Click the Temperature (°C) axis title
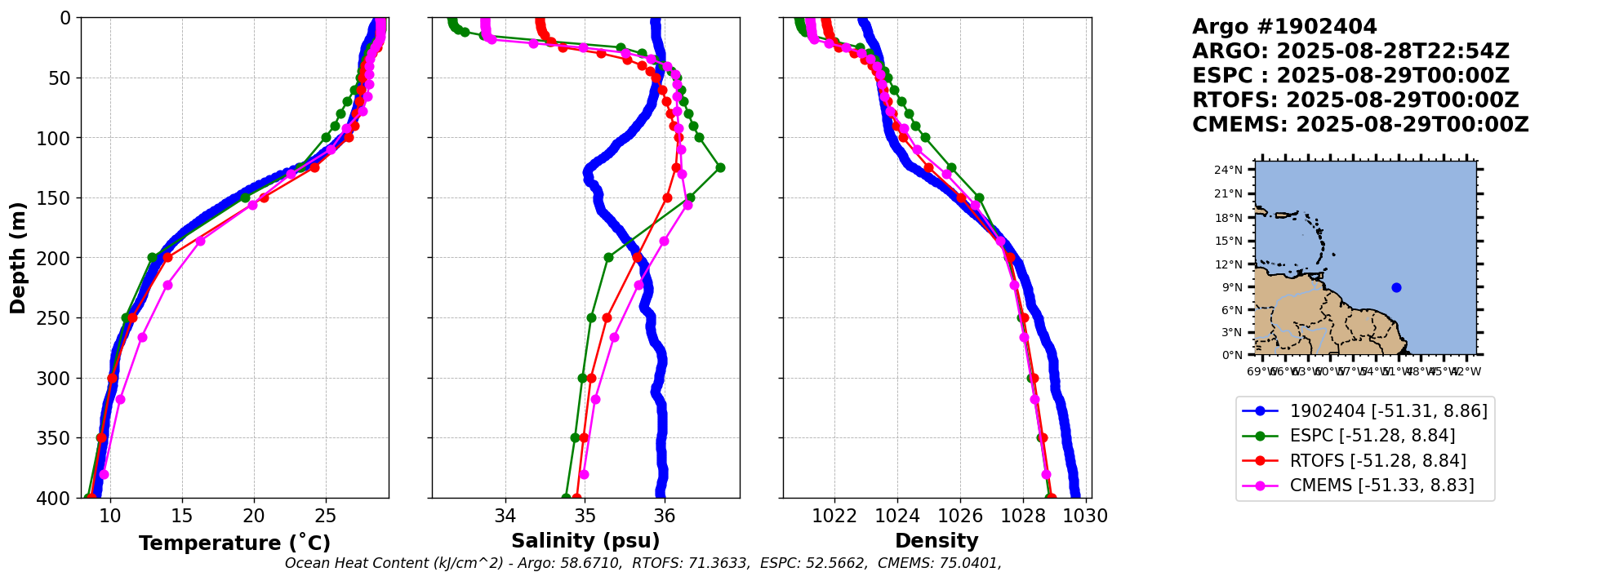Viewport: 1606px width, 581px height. click(234, 543)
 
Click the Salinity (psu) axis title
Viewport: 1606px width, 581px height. click(585, 541)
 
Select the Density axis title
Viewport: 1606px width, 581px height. click(936, 541)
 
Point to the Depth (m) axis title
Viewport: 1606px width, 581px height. click(18, 258)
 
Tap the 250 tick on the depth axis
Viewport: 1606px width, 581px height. click(60, 318)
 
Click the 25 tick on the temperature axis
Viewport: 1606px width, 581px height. click(326, 517)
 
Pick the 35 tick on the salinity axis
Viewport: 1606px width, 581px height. click(585, 517)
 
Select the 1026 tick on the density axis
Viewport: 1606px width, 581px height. click(960, 517)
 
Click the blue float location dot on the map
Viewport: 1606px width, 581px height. click(1396, 287)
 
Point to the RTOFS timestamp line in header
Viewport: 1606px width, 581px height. click(1355, 100)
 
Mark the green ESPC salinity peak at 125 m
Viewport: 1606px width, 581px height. click(720, 168)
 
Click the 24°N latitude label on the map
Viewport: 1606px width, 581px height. click(1228, 170)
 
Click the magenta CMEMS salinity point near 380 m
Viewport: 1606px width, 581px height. click(584, 474)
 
